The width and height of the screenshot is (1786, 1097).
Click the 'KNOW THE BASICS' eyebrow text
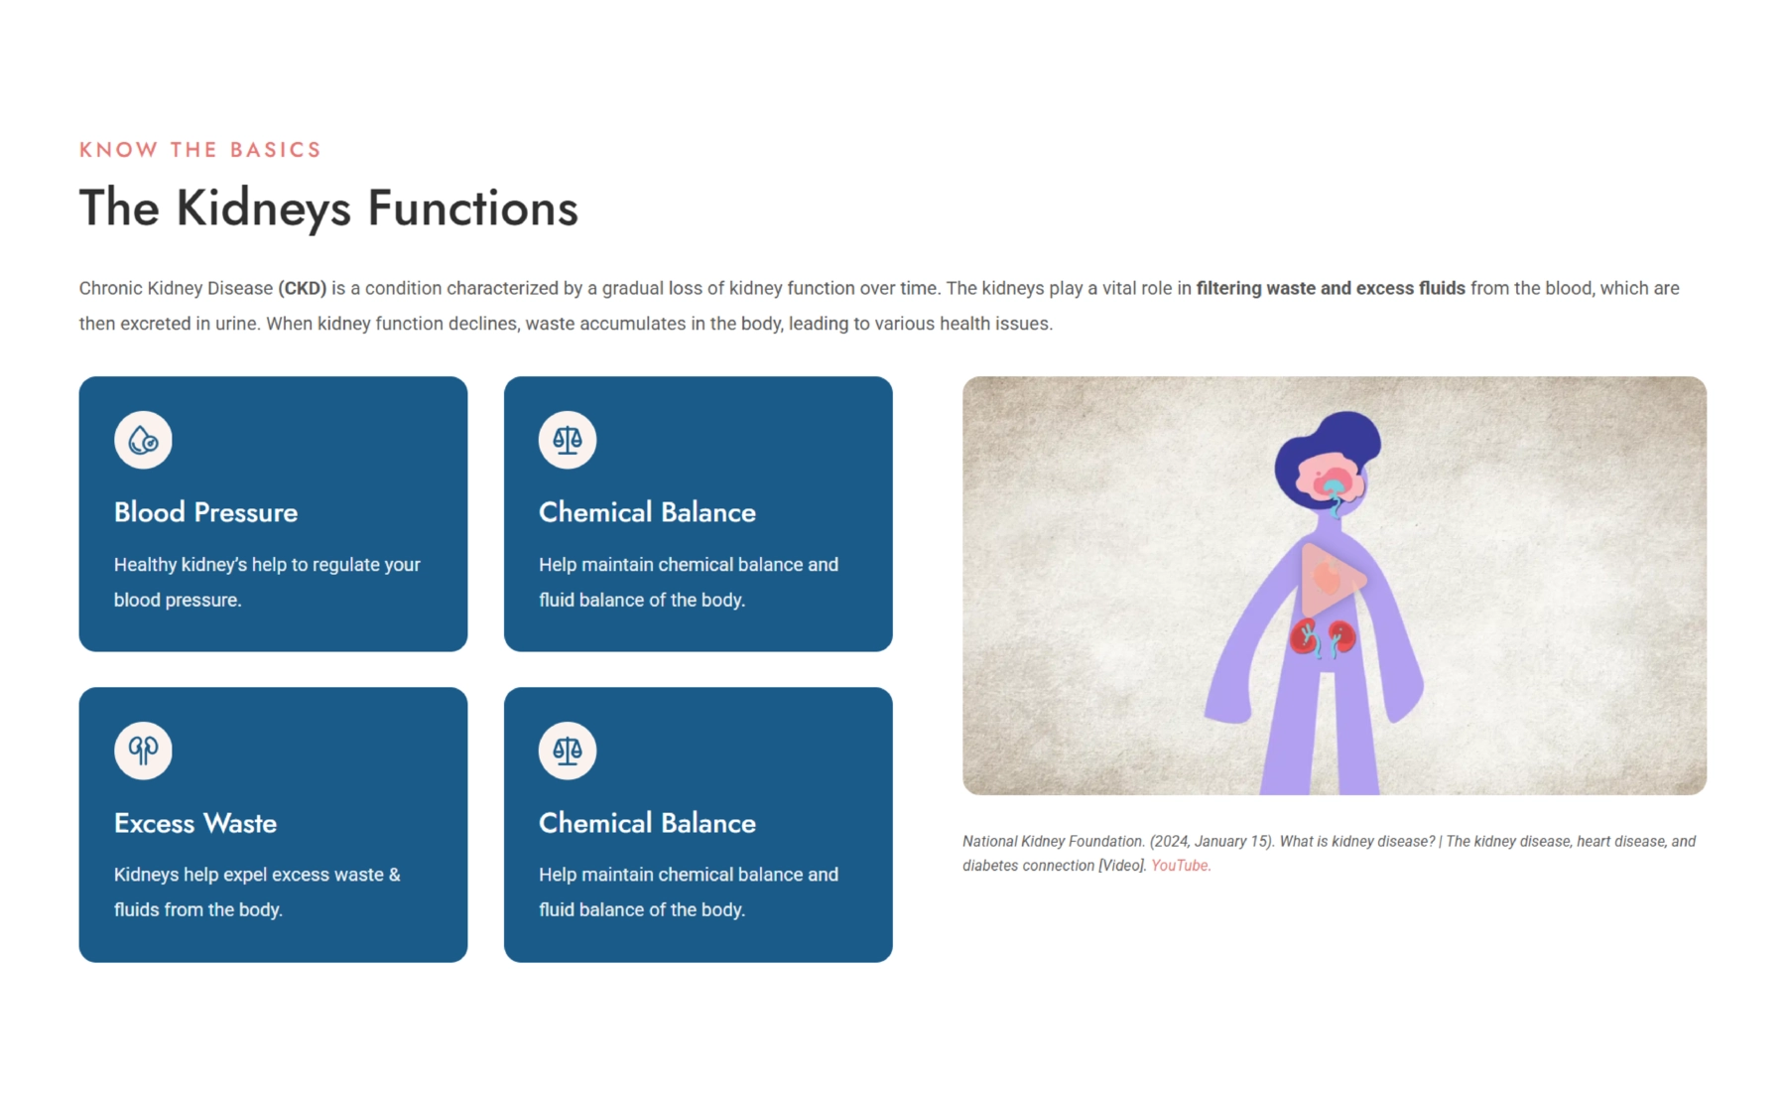coord(200,150)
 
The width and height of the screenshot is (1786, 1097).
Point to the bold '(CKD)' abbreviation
coord(303,289)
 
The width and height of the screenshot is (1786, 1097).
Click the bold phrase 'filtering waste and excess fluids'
coord(1331,289)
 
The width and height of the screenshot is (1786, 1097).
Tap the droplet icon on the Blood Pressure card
coord(143,440)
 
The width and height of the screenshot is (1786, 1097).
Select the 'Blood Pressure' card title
coord(205,512)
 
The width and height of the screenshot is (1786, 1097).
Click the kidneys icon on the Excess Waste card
coord(143,751)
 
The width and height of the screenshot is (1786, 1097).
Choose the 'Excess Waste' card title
coord(195,823)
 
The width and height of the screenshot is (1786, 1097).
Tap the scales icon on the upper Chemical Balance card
coord(568,440)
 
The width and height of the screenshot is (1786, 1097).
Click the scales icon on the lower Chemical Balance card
coord(568,751)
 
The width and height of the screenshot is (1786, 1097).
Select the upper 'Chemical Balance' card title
coord(647,512)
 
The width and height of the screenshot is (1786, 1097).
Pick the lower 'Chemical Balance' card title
coord(647,823)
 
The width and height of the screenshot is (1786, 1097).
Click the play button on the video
coord(1334,580)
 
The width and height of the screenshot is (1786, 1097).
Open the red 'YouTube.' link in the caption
coord(1181,866)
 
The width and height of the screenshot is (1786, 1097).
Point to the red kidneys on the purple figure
coord(1324,638)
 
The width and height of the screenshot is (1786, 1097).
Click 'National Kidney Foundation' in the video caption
coord(1053,842)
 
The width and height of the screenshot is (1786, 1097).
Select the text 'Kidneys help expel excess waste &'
coord(257,875)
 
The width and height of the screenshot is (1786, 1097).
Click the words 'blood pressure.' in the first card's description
coord(178,601)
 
